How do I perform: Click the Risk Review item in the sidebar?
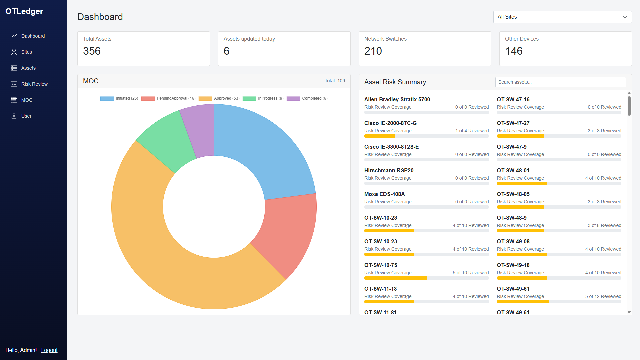pyautogui.click(x=34, y=84)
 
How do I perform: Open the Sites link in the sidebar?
pyautogui.click(x=26, y=52)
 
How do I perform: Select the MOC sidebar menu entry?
pyautogui.click(x=27, y=100)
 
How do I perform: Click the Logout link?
pyautogui.click(x=49, y=350)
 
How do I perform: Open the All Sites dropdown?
pyautogui.click(x=562, y=17)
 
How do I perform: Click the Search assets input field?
pyautogui.click(x=560, y=82)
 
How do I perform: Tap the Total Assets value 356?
pyautogui.click(x=92, y=51)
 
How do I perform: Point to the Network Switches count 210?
pyautogui.click(x=373, y=51)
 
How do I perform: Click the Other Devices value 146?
pyautogui.click(x=514, y=51)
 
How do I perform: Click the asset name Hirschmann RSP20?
pyautogui.click(x=389, y=170)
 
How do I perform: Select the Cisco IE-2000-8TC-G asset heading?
pyautogui.click(x=390, y=123)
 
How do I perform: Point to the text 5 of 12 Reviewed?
pyautogui.click(x=603, y=296)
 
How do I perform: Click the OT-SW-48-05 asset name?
pyautogui.click(x=513, y=194)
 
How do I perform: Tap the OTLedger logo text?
pyautogui.click(x=24, y=11)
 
